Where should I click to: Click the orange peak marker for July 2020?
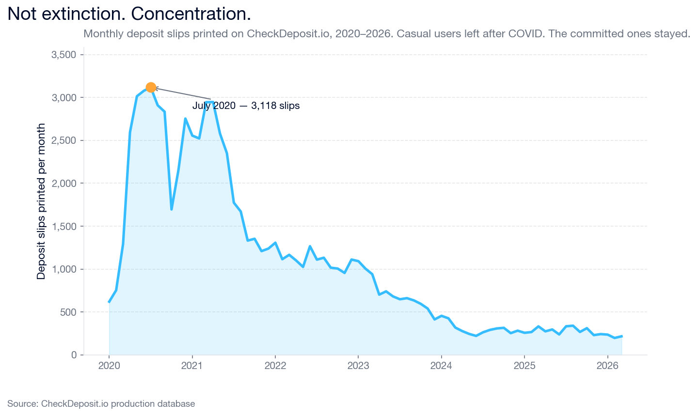click(151, 88)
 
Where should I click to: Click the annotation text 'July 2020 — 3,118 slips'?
click(246, 106)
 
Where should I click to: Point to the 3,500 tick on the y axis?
click(64, 55)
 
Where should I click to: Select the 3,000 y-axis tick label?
click(64, 98)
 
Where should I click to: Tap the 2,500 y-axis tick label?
click(64, 140)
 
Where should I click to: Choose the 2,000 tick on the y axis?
click(64, 184)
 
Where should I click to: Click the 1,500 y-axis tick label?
click(64, 227)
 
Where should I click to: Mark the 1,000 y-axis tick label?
click(64, 269)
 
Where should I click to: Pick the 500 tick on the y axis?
click(67, 312)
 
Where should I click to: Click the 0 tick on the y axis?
click(74, 355)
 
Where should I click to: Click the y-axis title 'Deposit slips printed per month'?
click(41, 201)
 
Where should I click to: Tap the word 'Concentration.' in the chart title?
click(191, 14)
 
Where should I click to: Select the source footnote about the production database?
click(101, 404)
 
